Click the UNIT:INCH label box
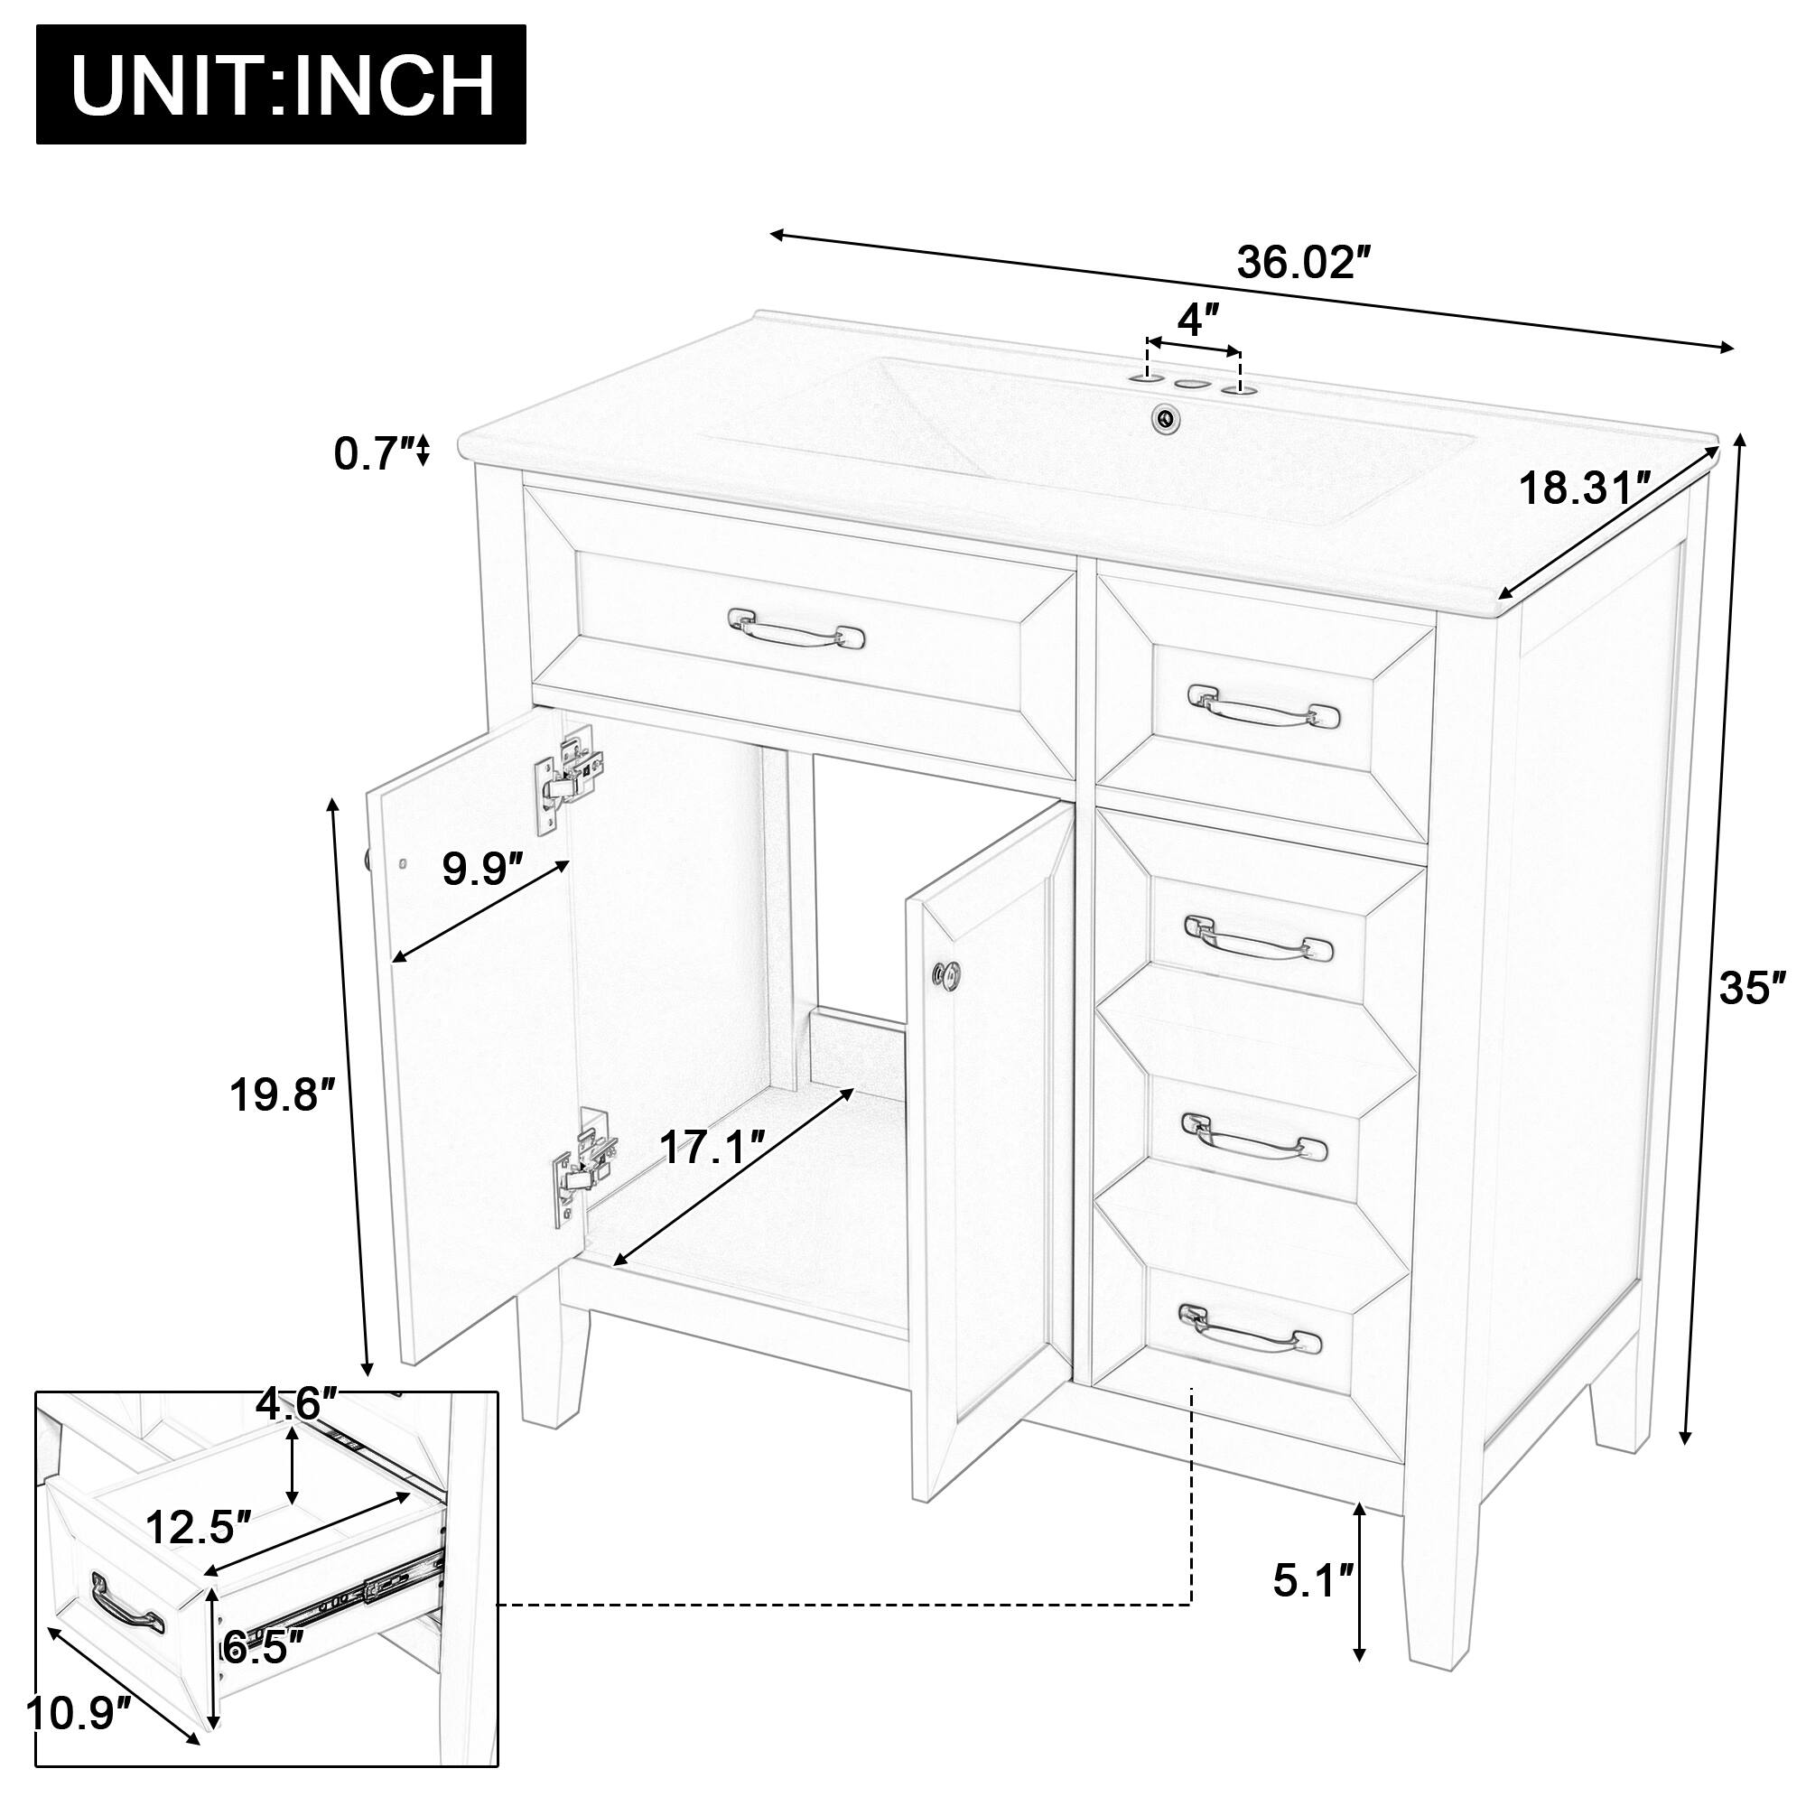(281, 84)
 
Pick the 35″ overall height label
(1752, 988)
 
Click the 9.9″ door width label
(481, 870)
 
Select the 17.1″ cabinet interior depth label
(712, 1147)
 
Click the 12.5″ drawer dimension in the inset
(199, 1528)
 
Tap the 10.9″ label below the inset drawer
(78, 1741)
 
